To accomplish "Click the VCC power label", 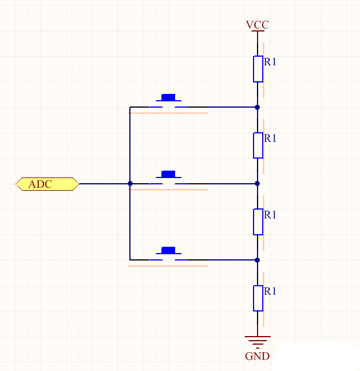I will [257, 25].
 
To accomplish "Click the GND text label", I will [257, 356].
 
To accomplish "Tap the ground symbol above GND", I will [257, 341].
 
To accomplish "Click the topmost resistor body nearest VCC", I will [258, 69].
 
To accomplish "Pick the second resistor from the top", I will [258, 145].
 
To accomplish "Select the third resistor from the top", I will [258, 222].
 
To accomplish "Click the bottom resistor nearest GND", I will [258, 298].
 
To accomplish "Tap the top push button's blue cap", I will [168, 97].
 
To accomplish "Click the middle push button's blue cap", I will [168, 173].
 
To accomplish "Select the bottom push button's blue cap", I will [168, 250].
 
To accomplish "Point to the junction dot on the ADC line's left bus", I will [130, 184].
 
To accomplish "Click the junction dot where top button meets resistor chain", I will [258, 107].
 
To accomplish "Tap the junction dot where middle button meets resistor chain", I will [258, 184].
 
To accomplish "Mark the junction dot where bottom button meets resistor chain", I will [258, 260].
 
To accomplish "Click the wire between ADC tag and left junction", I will [103, 184].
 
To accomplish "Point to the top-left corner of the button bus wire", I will [130, 107].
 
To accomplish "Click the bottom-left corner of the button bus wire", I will [130, 260].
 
